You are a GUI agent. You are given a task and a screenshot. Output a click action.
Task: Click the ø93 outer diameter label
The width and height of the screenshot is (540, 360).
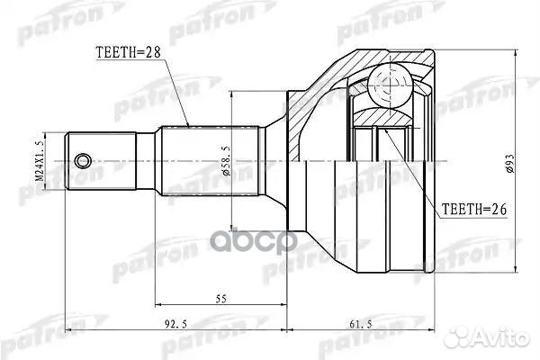[508, 161]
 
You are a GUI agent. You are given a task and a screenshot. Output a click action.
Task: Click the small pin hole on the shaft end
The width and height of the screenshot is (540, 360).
[84, 161]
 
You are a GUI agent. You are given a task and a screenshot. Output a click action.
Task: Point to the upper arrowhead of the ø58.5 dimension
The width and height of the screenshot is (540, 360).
[232, 94]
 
